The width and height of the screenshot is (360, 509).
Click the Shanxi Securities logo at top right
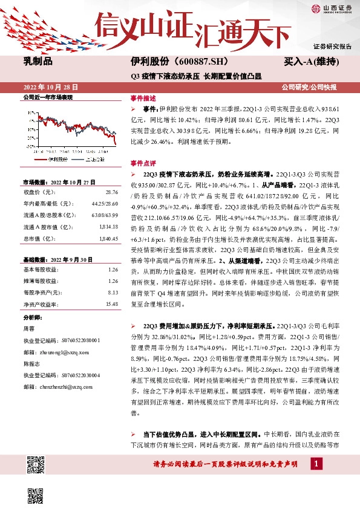[332, 8]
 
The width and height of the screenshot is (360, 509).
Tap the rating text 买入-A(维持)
[318, 62]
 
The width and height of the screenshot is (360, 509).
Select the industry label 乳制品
[38, 61]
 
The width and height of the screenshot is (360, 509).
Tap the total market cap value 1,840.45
[107, 239]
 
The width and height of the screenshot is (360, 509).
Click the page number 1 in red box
[315, 463]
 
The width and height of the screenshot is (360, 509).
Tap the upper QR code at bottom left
[36, 464]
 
